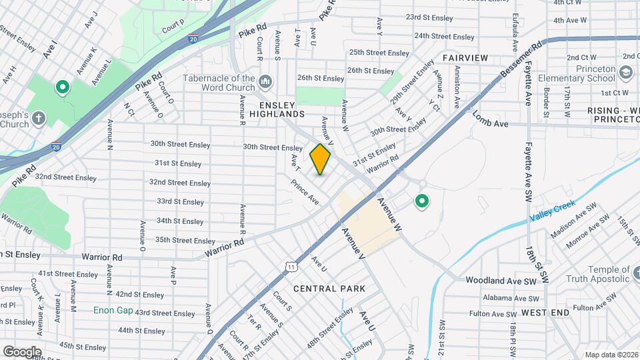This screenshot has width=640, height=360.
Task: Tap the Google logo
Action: pyautogui.click(x=22, y=352)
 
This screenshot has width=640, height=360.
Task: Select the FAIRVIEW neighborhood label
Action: pyautogui.click(x=465, y=58)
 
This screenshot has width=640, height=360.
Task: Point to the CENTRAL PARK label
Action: pyautogui.click(x=329, y=289)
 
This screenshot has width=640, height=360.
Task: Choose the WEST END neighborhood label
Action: pyautogui.click(x=545, y=312)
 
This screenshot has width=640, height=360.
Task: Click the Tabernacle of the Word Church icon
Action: pyautogui.click(x=266, y=82)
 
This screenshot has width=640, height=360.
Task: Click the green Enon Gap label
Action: pyautogui.click(x=113, y=311)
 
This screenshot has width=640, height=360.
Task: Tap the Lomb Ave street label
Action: pyautogui.click(x=490, y=120)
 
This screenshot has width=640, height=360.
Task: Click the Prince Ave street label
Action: pyautogui.click(x=304, y=191)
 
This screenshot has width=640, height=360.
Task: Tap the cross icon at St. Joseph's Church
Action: pyautogui.click(x=39, y=119)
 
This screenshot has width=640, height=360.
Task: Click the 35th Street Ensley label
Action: pyautogui.click(x=185, y=240)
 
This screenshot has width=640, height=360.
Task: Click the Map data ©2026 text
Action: pyautogui.click(x=611, y=355)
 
